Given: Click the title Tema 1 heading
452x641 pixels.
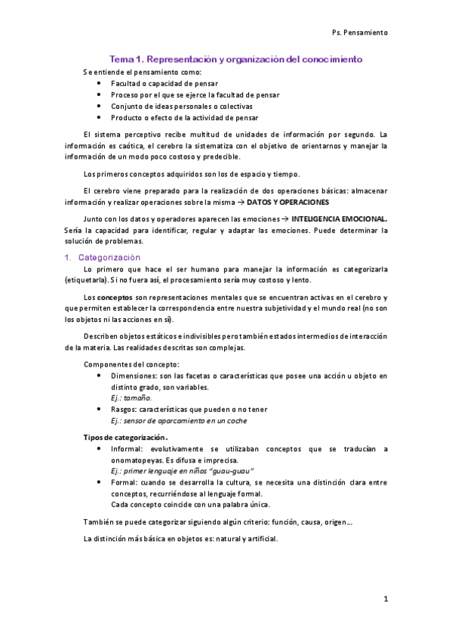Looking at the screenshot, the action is [x=236, y=58].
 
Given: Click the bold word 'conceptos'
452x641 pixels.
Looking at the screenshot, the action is [x=114, y=298].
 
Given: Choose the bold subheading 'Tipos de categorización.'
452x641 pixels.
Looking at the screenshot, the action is [x=125, y=438].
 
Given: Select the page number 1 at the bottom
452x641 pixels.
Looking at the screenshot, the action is [x=385, y=599].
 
